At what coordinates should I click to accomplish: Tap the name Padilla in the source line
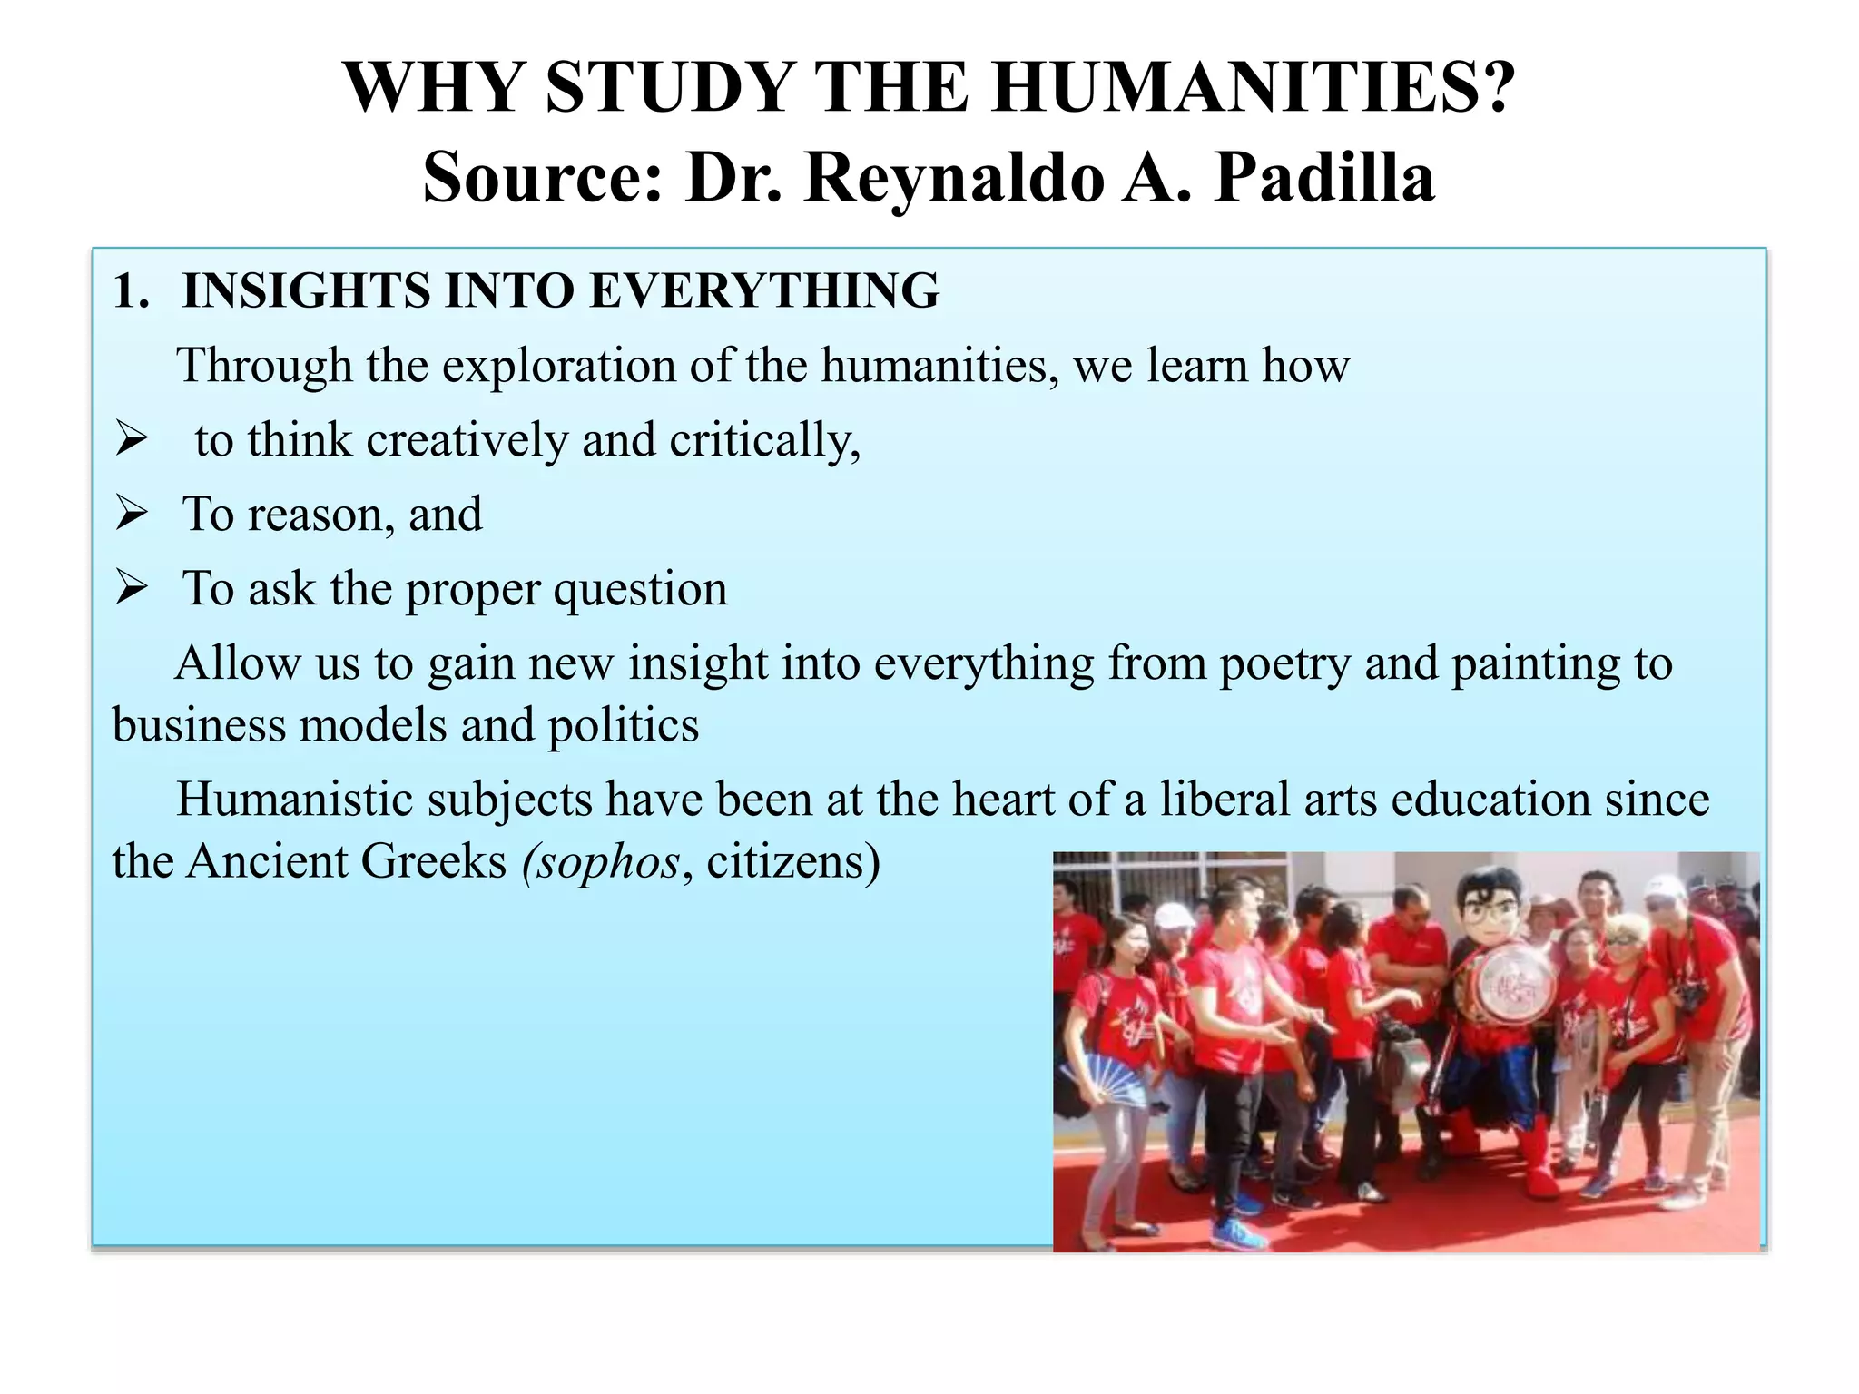[1324, 177]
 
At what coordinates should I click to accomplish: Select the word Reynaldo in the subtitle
[953, 177]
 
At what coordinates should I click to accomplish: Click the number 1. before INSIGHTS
[132, 291]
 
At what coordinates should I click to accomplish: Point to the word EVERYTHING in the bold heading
[764, 291]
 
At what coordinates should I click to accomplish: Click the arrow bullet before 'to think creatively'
[133, 439]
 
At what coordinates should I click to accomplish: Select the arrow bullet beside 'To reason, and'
[133, 514]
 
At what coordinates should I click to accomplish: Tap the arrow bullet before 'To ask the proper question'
[133, 588]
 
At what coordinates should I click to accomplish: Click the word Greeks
[437, 861]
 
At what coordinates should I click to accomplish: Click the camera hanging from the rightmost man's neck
[1688, 998]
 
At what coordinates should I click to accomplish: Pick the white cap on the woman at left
[1174, 916]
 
